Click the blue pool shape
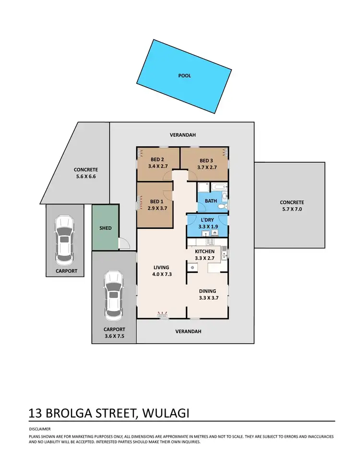[185, 75]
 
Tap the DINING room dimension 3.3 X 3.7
[208, 298]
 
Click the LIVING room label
[162, 267]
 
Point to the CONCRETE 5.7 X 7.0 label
[292, 202]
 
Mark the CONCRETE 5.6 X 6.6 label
[86, 169]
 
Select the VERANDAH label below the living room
[188, 331]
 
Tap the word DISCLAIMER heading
[40, 429]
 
